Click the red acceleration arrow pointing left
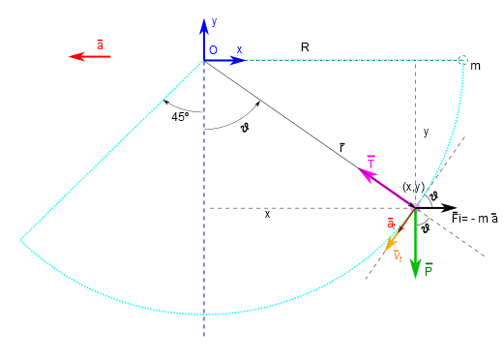coord(90,56)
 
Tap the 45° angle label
coord(180,117)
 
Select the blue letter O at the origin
coord(213,50)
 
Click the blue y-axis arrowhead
coord(204,27)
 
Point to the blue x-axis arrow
coord(225,60)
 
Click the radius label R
coord(305,47)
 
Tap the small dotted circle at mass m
coord(462,60)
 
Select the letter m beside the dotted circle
coord(475,66)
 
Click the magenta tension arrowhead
coord(367,174)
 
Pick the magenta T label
coord(371,163)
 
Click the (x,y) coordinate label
coord(413,187)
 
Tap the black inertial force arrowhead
coord(450,208)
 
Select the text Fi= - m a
coord(475,218)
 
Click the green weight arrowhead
coord(415,268)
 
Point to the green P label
coord(429,270)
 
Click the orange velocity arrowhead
coord(391,244)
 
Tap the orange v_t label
coord(398,255)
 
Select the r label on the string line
coord(341,147)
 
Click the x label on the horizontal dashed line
coord(267,214)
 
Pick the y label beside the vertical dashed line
coord(426,132)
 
